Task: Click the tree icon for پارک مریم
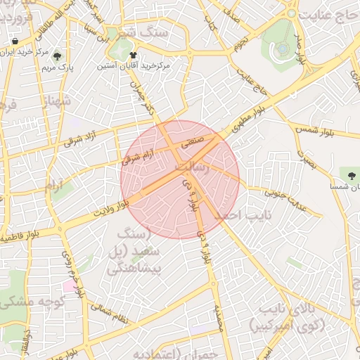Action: coord(57,56)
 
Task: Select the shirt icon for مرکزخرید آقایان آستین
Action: coord(133,53)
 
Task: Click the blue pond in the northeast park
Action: coord(281,49)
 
